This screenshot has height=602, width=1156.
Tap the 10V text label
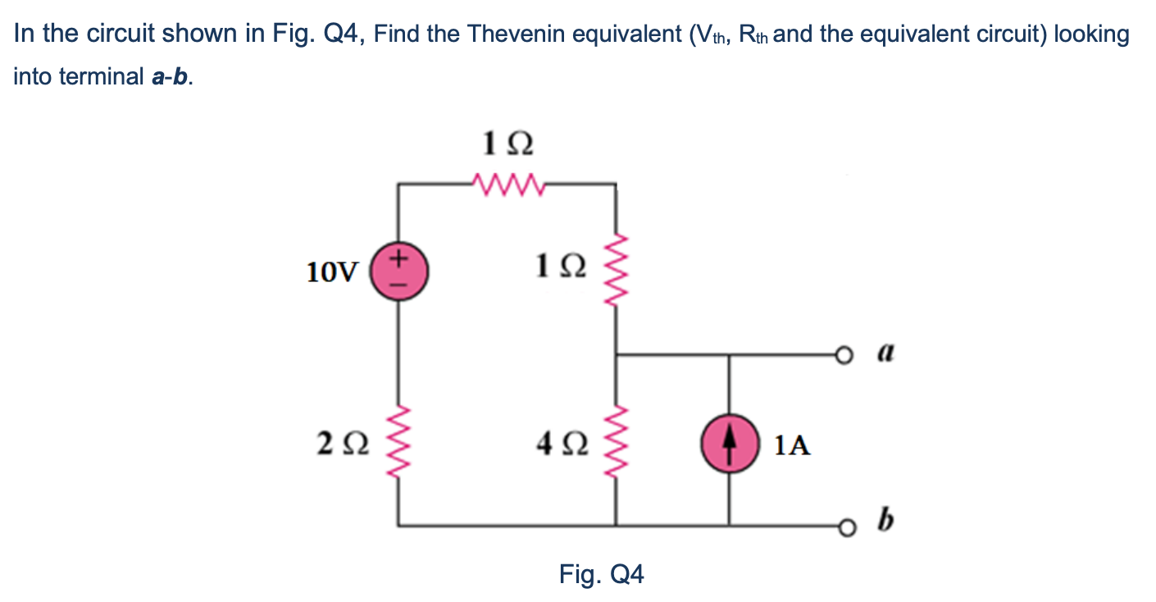pyautogui.click(x=331, y=271)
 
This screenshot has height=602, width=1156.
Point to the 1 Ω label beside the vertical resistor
pyautogui.click(x=560, y=267)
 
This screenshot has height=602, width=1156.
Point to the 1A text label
pyautogui.click(x=792, y=445)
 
